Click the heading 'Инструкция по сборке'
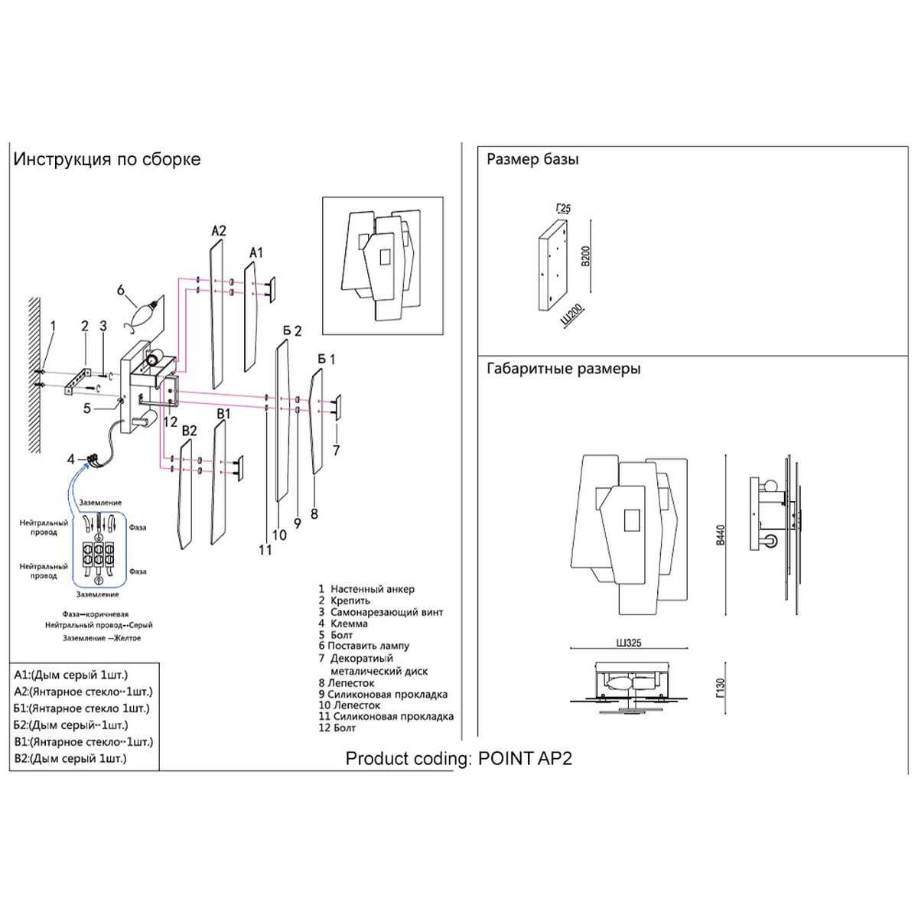pyautogui.click(x=107, y=160)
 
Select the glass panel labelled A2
pyautogui.click(x=215, y=314)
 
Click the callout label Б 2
pyautogui.click(x=291, y=331)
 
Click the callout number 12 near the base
pyautogui.click(x=170, y=422)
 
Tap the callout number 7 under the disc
pyautogui.click(x=336, y=451)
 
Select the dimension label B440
pyautogui.click(x=719, y=535)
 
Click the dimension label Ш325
pyautogui.click(x=628, y=643)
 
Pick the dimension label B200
pyautogui.click(x=585, y=256)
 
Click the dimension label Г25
pyautogui.click(x=563, y=208)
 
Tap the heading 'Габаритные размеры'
pyautogui.click(x=564, y=369)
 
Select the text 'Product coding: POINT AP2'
pyautogui.click(x=459, y=759)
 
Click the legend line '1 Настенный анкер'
pyautogui.click(x=366, y=589)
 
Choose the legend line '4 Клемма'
pyautogui.click(x=343, y=623)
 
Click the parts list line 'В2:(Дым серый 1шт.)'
pyautogui.click(x=70, y=758)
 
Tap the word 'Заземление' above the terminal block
pyautogui.click(x=100, y=503)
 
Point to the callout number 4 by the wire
pyautogui.click(x=71, y=460)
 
